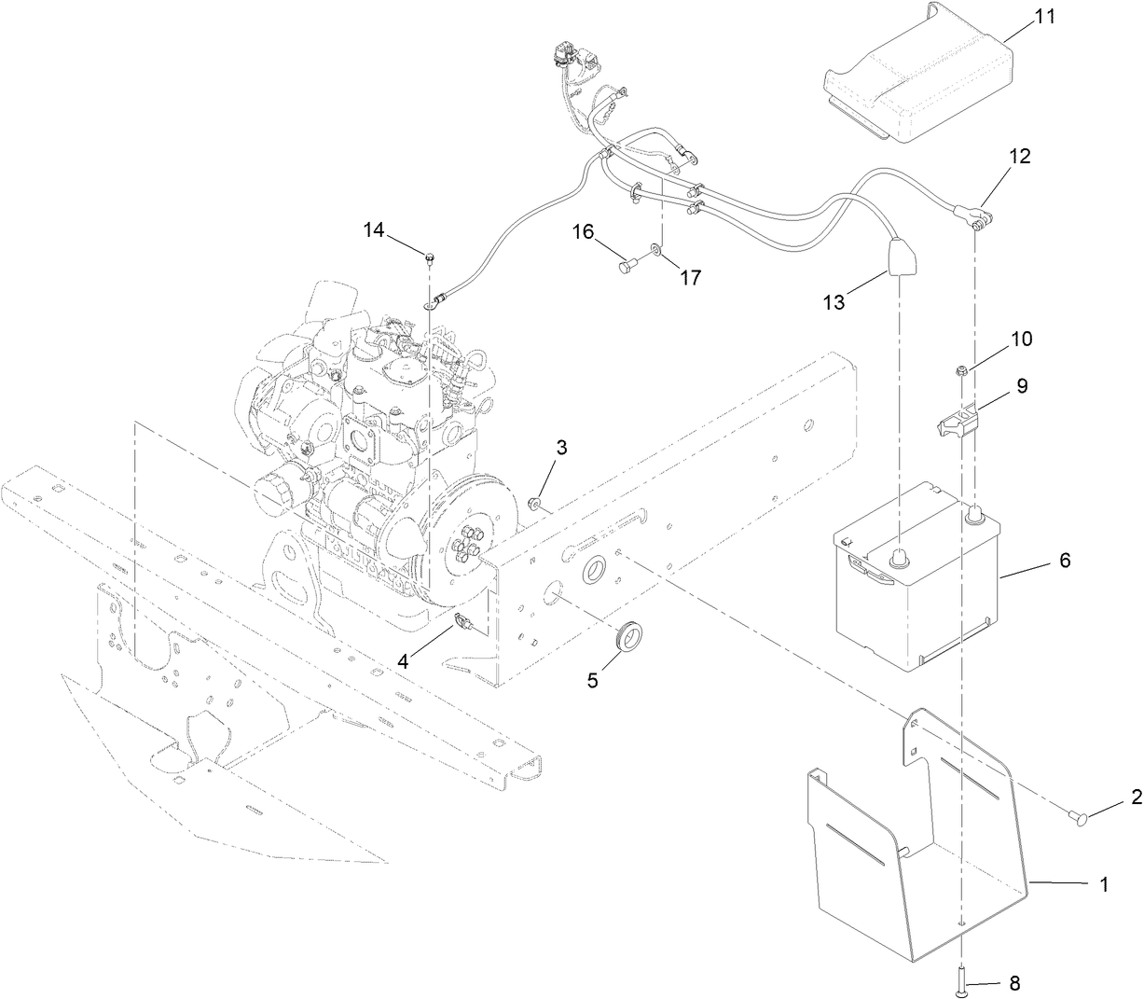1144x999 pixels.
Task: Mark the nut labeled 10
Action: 960,373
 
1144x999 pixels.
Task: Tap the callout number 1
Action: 1103,885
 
